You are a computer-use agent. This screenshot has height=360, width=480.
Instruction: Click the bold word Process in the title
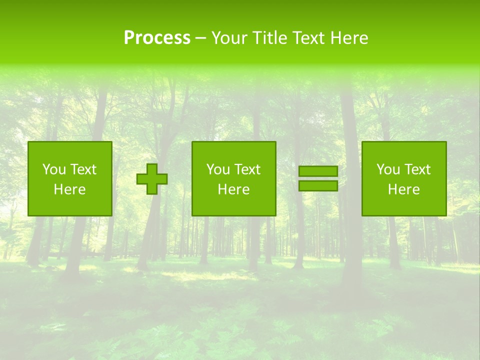157,38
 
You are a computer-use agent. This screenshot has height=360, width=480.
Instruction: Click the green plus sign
152,179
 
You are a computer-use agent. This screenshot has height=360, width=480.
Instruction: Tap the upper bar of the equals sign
318,171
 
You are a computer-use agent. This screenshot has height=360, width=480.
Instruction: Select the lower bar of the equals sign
318,185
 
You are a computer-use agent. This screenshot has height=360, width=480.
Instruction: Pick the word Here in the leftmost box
69,189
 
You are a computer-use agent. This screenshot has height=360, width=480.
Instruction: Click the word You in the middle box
218,169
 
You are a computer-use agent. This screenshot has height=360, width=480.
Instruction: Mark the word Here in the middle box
233,189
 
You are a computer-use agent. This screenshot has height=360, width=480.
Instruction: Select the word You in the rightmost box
388,169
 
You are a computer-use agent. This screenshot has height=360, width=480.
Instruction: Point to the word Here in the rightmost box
403,189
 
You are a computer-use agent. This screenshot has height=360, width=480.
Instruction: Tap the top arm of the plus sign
152,168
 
